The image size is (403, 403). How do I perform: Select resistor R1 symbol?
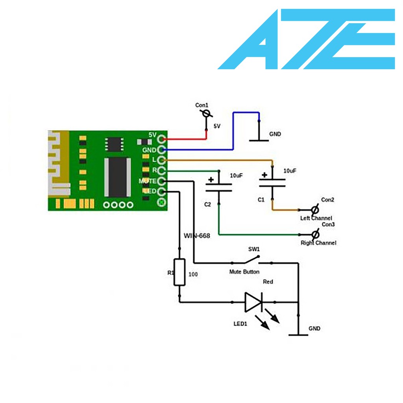(x=179, y=272)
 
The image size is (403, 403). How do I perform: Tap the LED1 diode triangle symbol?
(x=253, y=302)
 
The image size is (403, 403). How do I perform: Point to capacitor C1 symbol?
(x=272, y=182)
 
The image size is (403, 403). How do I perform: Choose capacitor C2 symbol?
(x=219, y=187)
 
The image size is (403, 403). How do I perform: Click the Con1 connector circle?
(x=206, y=113)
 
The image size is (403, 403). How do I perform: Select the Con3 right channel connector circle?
(x=315, y=235)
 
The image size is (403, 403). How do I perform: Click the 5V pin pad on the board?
(x=161, y=139)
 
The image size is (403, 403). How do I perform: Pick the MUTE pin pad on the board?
(x=161, y=181)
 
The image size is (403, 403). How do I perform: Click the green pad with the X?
(x=161, y=202)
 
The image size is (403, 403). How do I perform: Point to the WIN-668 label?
(x=197, y=236)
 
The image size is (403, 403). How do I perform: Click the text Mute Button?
(x=244, y=272)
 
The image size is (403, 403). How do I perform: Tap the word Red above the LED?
(x=268, y=282)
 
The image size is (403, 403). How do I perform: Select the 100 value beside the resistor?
(x=193, y=274)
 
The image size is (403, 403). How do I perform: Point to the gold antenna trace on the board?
(x=58, y=163)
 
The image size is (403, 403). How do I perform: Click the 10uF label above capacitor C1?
(x=290, y=171)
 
